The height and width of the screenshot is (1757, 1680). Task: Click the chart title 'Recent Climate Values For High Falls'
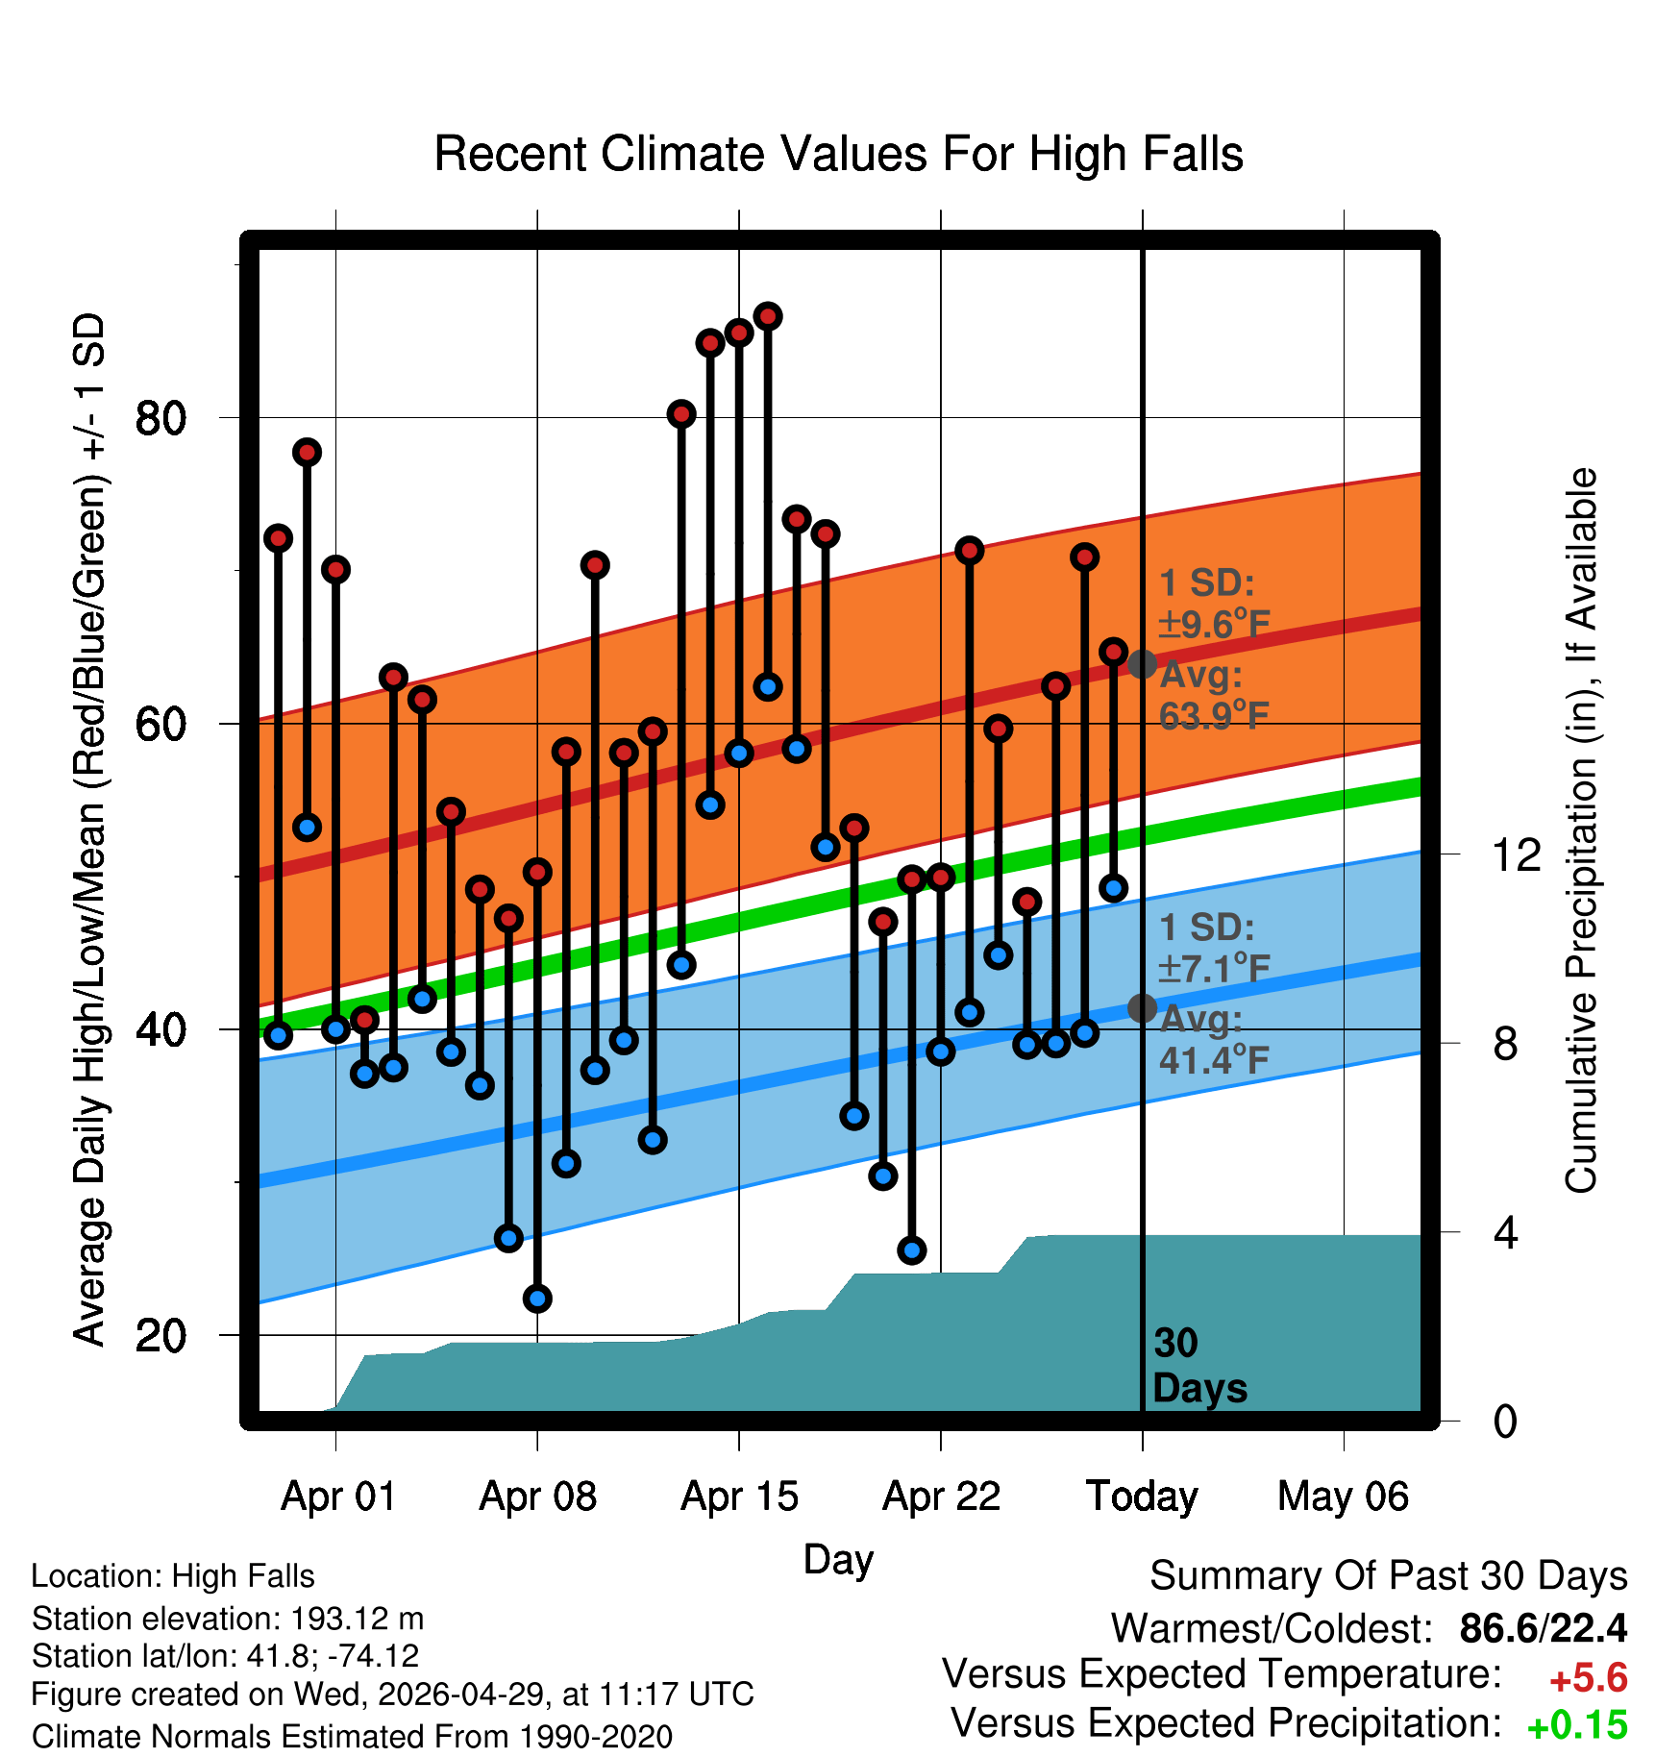[838, 154]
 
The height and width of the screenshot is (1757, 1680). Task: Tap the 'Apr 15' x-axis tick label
[739, 1497]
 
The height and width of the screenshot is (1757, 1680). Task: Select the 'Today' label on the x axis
[1142, 1497]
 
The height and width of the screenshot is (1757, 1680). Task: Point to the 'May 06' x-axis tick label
[1343, 1497]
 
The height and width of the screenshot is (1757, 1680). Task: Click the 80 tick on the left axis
[161, 418]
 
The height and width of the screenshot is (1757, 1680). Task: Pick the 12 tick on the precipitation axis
[1517, 854]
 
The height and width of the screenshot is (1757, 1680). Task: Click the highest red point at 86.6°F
[767, 316]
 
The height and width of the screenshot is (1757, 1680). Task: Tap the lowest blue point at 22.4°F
[537, 1299]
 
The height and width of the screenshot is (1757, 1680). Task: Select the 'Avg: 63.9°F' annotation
[1214, 695]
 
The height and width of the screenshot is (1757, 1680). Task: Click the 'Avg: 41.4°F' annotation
[1214, 1039]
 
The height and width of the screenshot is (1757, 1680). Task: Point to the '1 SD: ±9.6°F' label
[1214, 604]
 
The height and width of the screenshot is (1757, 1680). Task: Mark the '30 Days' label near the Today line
[1199, 1366]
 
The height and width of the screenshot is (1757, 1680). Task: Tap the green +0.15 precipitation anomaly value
[1577, 1725]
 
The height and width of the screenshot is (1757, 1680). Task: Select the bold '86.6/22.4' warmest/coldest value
[1544, 1628]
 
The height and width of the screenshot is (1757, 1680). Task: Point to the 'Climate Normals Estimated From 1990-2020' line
[352, 1737]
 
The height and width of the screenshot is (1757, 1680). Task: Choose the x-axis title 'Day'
[838, 1560]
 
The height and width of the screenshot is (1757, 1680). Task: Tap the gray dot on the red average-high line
[1142, 664]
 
